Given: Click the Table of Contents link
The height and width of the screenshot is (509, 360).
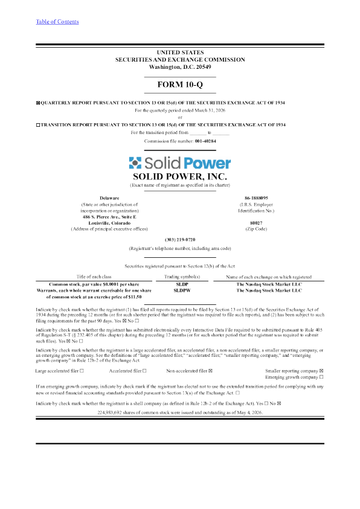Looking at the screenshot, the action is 57,22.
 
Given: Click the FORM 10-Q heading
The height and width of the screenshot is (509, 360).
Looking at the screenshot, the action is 180,85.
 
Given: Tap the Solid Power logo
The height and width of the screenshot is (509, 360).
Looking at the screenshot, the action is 180,163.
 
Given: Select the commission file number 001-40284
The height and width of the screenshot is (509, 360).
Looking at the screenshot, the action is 205,141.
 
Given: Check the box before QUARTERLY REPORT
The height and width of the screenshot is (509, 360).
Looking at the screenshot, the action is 38,103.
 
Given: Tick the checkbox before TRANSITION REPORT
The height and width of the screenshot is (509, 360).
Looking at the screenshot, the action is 38,125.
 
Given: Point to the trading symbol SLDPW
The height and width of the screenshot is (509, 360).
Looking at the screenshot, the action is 182,290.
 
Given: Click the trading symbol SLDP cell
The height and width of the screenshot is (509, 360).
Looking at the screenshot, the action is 182,284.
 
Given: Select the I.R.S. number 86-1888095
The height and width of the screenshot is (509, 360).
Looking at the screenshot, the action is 256,198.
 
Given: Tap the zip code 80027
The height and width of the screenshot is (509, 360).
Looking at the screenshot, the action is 256,223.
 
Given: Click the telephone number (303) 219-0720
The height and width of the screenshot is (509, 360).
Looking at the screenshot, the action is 180,240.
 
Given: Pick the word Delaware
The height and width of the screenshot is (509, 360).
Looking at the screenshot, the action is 109,198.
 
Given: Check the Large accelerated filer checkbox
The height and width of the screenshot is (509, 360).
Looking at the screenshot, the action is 82,371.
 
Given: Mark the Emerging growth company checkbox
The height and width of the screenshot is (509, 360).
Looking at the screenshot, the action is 321,377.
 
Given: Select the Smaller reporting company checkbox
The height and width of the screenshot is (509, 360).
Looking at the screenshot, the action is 321,371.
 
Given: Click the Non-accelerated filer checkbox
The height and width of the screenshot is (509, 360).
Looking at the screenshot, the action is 210,371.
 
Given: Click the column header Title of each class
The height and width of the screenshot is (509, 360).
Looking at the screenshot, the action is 94,277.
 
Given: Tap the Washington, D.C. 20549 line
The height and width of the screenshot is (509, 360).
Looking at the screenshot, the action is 180,67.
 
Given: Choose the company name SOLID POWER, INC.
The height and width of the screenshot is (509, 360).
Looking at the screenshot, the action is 180,176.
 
